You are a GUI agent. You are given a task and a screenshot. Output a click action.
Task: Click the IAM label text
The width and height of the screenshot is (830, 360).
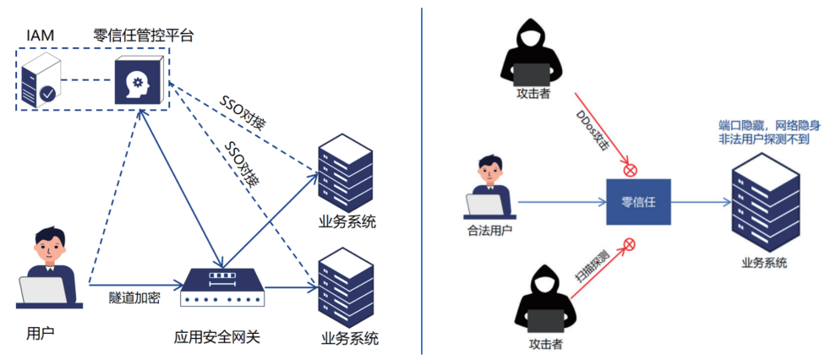click(x=41, y=35)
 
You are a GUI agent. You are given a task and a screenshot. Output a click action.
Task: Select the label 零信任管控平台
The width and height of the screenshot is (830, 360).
click(x=144, y=35)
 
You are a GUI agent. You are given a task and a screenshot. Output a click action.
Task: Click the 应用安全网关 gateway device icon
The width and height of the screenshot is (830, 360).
click(x=222, y=288)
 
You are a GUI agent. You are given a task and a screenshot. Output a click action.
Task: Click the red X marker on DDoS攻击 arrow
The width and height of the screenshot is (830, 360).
click(x=630, y=170)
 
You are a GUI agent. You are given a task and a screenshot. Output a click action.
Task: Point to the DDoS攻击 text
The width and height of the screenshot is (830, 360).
click(x=592, y=129)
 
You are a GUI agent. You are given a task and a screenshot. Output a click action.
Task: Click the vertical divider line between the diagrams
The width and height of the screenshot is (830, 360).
click(x=421, y=180)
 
